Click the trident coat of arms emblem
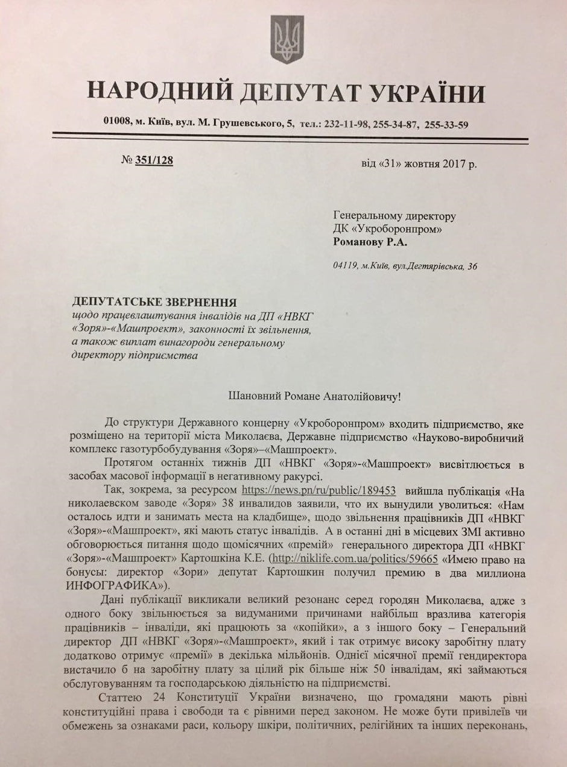287,40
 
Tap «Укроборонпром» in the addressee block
397,229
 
